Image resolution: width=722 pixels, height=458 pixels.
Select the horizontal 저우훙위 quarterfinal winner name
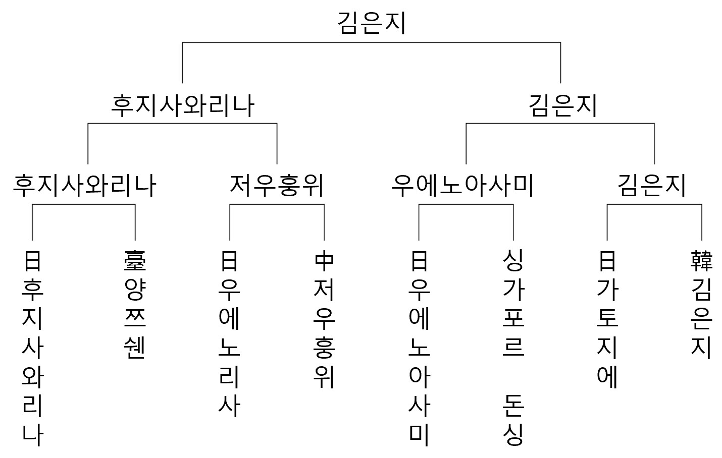click(276, 186)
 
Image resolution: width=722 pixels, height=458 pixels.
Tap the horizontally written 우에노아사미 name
click(462, 186)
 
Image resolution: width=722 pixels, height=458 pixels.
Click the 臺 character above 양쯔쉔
click(135, 261)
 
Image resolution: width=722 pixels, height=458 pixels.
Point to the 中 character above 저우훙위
click(324, 261)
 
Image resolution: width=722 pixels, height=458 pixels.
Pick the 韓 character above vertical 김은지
click(701, 261)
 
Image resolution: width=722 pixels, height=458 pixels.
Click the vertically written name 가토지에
click(607, 333)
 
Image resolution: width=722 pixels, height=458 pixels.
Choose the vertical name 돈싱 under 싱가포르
click(513, 421)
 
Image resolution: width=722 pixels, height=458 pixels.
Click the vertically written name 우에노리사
click(229, 348)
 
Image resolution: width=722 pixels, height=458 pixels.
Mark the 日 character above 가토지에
click(607, 261)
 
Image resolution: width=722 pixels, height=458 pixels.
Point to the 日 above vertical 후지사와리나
click(32, 261)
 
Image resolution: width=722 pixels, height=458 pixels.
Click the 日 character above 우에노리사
click(229, 261)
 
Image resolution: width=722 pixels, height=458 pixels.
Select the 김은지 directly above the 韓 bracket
click(651, 186)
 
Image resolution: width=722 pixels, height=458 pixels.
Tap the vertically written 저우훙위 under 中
click(324, 333)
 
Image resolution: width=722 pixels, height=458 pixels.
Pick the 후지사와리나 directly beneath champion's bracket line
click(182, 106)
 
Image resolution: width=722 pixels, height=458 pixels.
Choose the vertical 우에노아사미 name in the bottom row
click(419, 362)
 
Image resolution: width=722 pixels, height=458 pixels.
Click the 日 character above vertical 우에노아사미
click(419, 261)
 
